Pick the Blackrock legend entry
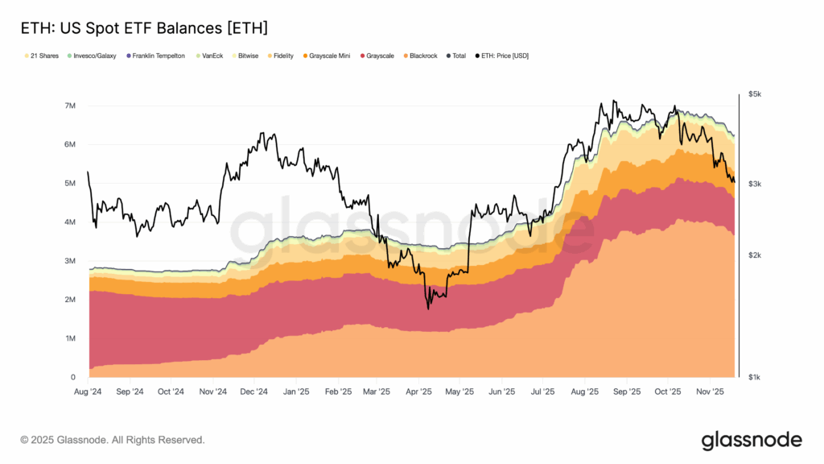(420, 56)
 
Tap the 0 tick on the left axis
(72, 377)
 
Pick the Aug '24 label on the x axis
(88, 391)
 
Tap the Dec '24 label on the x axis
(254, 391)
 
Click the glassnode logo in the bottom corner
(751, 440)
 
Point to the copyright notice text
(113, 440)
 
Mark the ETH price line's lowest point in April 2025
(428, 309)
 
